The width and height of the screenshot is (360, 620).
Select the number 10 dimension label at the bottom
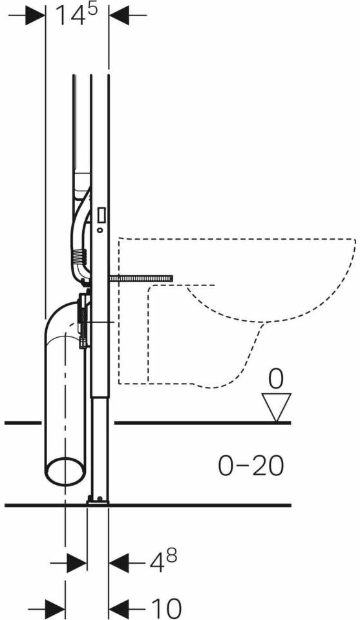point(165,607)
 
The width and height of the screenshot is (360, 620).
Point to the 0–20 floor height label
point(251,466)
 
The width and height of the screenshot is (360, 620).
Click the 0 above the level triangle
point(276,379)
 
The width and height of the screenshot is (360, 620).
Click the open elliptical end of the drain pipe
point(65,471)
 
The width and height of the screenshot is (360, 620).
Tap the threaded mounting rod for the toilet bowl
point(141,279)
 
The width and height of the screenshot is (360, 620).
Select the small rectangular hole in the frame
point(101,214)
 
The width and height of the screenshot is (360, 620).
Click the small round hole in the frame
point(100,230)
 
